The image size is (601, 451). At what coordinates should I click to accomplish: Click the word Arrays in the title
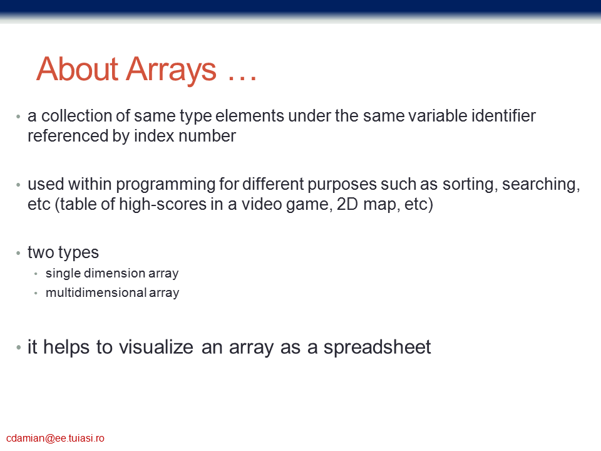[x=172, y=70]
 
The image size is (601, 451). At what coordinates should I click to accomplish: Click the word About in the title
[x=78, y=69]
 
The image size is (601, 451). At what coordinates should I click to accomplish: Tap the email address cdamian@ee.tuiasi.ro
[x=55, y=438]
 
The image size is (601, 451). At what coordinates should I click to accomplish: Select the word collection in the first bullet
[x=86, y=116]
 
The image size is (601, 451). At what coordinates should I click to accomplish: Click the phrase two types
[x=63, y=253]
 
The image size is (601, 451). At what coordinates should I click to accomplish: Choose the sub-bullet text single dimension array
[x=112, y=274]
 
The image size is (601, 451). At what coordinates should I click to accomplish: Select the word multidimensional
[x=96, y=293]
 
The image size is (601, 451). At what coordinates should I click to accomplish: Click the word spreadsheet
[x=377, y=348]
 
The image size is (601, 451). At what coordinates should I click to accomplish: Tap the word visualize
[x=156, y=347]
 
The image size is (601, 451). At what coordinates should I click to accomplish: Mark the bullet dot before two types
[x=18, y=253]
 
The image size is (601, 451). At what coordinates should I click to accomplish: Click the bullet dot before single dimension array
[x=36, y=274]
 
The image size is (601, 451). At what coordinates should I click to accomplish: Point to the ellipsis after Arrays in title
[x=242, y=79]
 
